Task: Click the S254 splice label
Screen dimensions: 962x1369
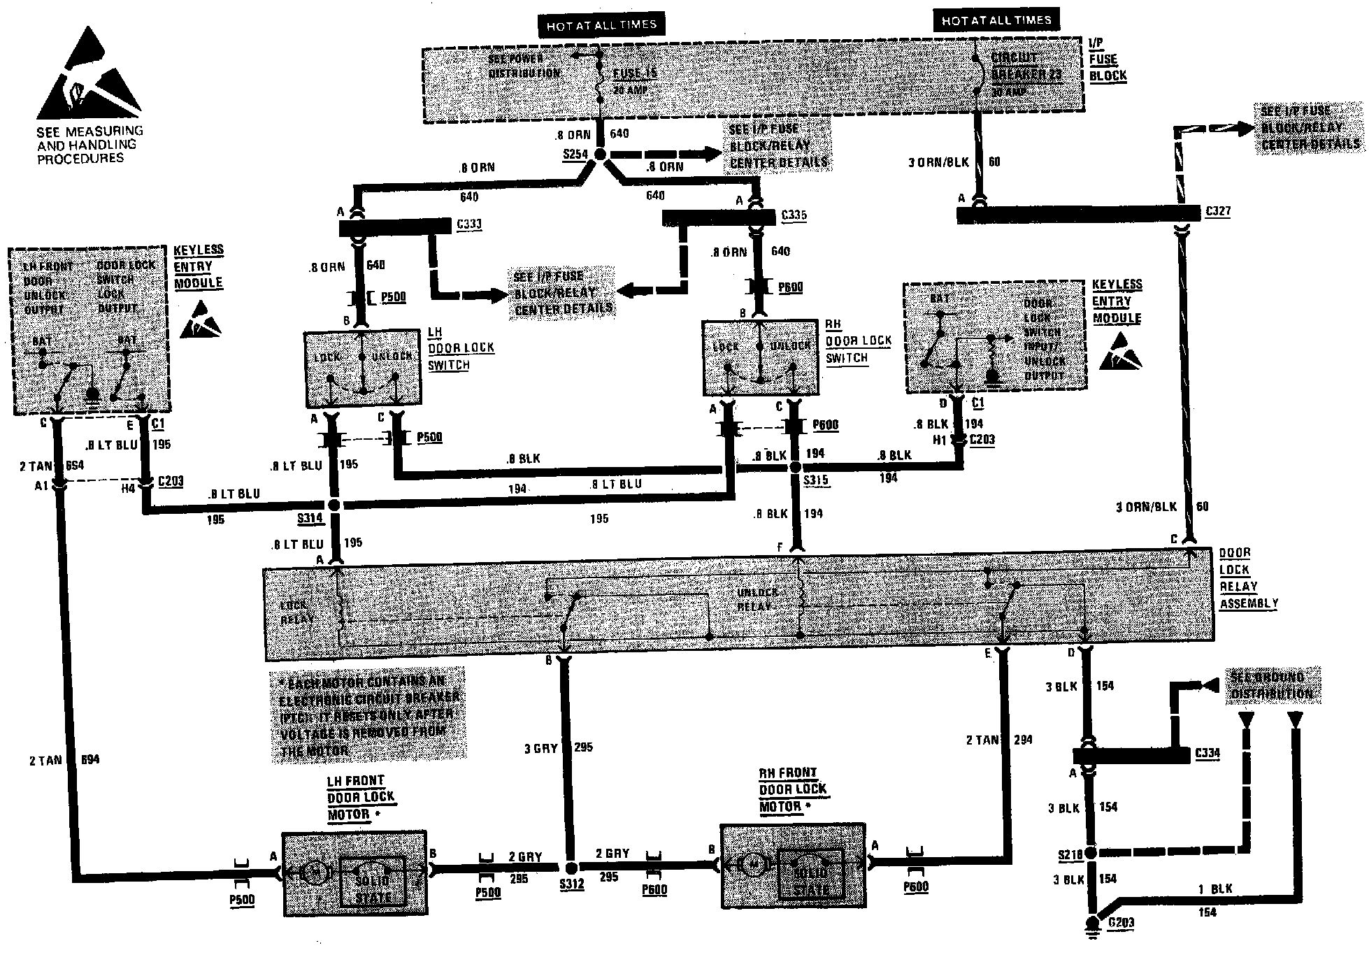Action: [x=575, y=155]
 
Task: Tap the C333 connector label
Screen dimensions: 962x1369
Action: [x=468, y=224]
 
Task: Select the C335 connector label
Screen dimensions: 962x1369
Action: [x=794, y=215]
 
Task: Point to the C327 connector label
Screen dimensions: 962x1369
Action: [x=1218, y=211]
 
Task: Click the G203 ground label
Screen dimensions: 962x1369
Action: [x=1121, y=923]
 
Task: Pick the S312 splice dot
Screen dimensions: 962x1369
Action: [x=571, y=868]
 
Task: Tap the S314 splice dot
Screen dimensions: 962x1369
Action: [x=334, y=505]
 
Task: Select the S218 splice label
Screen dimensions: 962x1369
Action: [x=1070, y=854]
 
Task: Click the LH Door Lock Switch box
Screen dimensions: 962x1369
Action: [x=363, y=369]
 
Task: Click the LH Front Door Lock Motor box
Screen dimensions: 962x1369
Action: [x=354, y=873]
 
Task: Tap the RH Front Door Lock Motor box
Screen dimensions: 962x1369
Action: [x=792, y=866]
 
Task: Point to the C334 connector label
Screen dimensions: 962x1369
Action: [x=1207, y=753]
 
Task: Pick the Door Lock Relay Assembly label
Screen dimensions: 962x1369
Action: [x=1248, y=578]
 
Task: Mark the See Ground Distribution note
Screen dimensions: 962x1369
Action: [x=1272, y=685]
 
